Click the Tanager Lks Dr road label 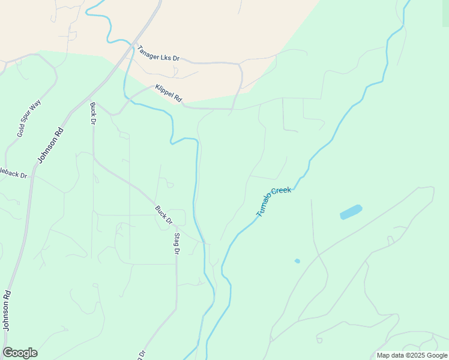158,53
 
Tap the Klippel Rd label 168,93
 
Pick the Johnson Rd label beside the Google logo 7,311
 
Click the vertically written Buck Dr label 93,113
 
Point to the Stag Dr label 177,243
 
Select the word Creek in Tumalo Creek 282,190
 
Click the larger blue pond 351,212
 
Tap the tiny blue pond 297,261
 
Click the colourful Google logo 20,353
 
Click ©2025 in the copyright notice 417,355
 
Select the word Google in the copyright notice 437,355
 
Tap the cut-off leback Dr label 14,173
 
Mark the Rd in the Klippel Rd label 177,98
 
